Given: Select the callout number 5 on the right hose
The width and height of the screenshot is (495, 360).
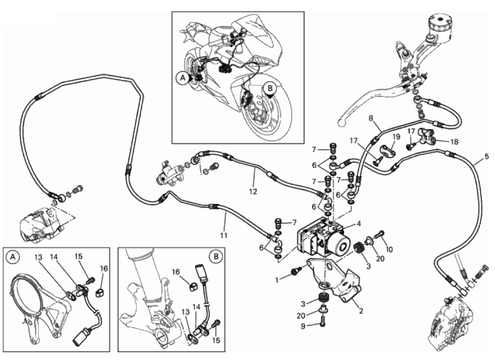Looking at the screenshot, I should click(x=486, y=157).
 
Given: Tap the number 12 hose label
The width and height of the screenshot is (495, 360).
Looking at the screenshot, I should click(x=253, y=192).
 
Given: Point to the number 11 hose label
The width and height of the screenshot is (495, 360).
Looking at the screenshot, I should click(x=224, y=235).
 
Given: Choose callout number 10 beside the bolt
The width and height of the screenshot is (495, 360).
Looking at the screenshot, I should click(x=389, y=249).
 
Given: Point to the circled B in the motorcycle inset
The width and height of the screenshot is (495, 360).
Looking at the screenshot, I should click(x=270, y=88).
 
